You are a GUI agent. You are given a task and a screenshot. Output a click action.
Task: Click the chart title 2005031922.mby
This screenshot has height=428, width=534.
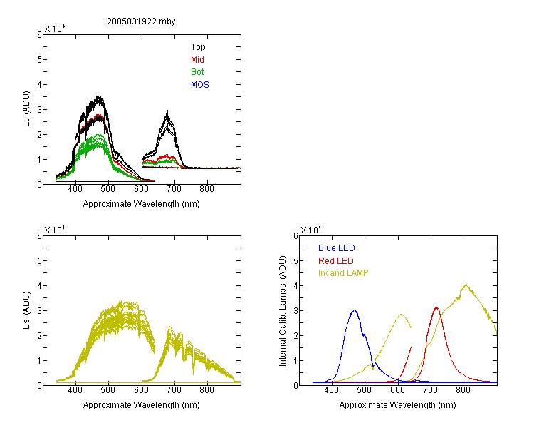click(x=141, y=21)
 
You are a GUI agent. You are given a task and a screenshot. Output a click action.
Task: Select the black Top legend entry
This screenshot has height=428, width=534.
click(x=198, y=47)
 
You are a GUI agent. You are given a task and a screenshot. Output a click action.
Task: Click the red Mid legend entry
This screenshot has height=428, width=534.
click(x=197, y=60)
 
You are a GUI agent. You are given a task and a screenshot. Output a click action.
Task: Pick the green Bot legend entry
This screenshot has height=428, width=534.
click(x=197, y=72)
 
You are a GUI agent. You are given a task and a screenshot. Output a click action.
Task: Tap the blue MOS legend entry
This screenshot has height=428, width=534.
click(x=200, y=85)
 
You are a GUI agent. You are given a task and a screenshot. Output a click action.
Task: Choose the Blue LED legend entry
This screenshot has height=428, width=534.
click(x=337, y=248)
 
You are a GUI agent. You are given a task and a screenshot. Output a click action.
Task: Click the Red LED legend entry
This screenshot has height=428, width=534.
click(x=336, y=261)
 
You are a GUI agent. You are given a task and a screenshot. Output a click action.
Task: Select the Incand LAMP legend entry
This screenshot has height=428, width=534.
click(x=343, y=273)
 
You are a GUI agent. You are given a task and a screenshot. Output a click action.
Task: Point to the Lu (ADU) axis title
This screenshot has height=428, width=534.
click(x=26, y=109)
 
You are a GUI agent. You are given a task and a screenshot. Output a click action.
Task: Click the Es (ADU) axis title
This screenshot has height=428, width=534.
click(x=26, y=310)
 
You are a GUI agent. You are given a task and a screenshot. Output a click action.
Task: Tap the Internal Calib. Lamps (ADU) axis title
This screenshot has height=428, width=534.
click(x=283, y=311)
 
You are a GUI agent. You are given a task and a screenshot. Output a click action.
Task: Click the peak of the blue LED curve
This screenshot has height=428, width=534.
click(x=355, y=310)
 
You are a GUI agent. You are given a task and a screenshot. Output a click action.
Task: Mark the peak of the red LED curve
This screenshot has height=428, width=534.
click(x=436, y=307)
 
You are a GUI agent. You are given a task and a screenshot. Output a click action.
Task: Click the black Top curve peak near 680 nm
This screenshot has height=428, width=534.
click(x=167, y=111)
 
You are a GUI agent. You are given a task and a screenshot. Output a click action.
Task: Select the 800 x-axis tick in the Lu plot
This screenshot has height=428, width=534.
click(x=206, y=189)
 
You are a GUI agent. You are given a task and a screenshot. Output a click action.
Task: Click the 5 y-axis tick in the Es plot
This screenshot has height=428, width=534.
click(x=39, y=261)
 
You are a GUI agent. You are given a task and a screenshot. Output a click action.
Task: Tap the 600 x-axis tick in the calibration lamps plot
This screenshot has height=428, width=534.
click(x=398, y=390)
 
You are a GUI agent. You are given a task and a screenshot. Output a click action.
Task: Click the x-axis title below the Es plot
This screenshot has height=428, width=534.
click(x=142, y=405)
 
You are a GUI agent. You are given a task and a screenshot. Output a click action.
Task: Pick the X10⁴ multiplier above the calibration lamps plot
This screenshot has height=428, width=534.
click(x=310, y=230)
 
